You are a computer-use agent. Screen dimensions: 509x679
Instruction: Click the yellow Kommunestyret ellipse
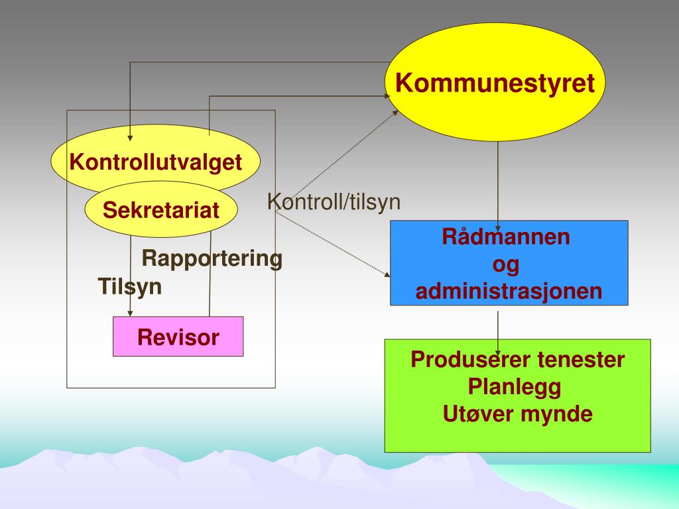(495, 84)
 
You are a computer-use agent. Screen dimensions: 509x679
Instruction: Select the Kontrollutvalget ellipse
(156, 162)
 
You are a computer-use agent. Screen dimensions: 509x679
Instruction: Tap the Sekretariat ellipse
(160, 211)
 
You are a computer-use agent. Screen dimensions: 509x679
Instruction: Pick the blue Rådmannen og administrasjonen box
(509, 262)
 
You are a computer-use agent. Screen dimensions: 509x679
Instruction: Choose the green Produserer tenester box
(517, 395)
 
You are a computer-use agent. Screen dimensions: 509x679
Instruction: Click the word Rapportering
(212, 258)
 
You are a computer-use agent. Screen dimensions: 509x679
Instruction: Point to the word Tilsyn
(130, 287)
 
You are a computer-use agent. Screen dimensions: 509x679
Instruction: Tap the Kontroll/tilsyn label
(334, 202)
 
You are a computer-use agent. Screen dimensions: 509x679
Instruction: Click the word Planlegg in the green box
(515, 386)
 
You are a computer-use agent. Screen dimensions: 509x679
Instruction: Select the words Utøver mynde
(517, 414)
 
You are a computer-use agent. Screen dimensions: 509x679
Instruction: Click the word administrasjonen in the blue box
(509, 292)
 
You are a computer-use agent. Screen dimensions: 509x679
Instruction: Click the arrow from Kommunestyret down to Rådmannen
(498, 179)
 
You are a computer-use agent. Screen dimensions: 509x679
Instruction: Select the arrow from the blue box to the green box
(498, 325)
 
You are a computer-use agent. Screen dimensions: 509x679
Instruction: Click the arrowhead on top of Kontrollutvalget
(130, 137)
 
